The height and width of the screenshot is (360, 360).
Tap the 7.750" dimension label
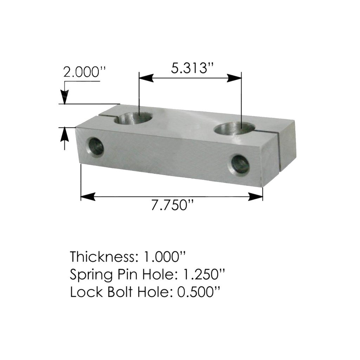click(x=173, y=205)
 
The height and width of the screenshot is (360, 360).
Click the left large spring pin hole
click(x=133, y=118)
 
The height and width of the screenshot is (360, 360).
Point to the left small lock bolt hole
click(x=96, y=147)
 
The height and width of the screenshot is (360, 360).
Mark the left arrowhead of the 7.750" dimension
click(x=88, y=197)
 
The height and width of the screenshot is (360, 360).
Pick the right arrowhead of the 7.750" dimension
click(x=256, y=197)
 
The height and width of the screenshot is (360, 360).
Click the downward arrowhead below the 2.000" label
click(x=65, y=97)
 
